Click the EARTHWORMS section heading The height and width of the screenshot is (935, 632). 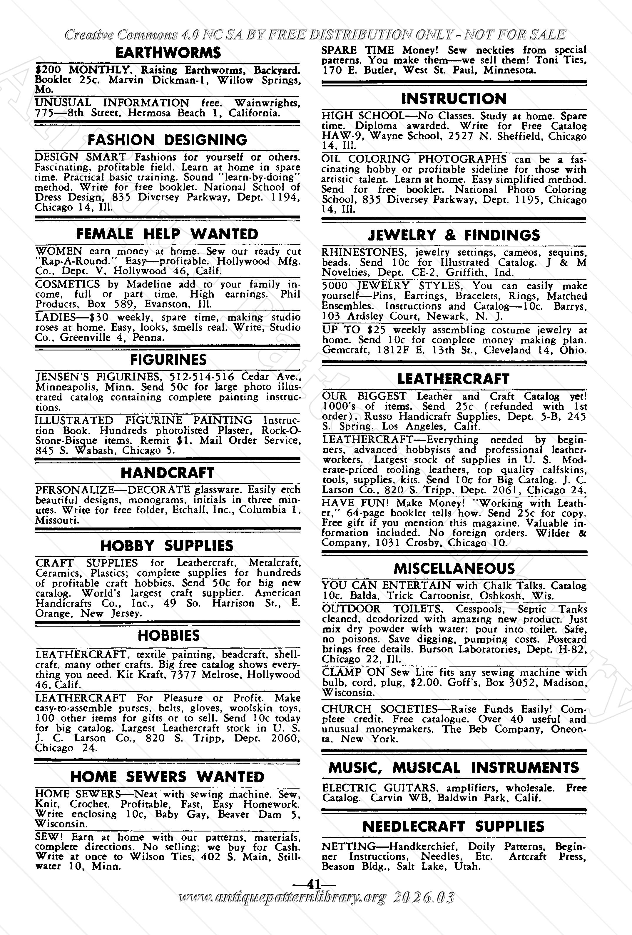pos(168,53)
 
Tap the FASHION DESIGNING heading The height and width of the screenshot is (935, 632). pos(167,140)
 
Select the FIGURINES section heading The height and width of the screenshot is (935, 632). pos(168,360)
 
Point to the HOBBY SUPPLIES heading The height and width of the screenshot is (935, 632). pos(167,546)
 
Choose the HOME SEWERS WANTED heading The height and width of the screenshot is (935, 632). pos(167,777)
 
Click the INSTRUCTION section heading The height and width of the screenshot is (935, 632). pos(454,98)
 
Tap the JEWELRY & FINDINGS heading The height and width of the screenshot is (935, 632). pos(454,235)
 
